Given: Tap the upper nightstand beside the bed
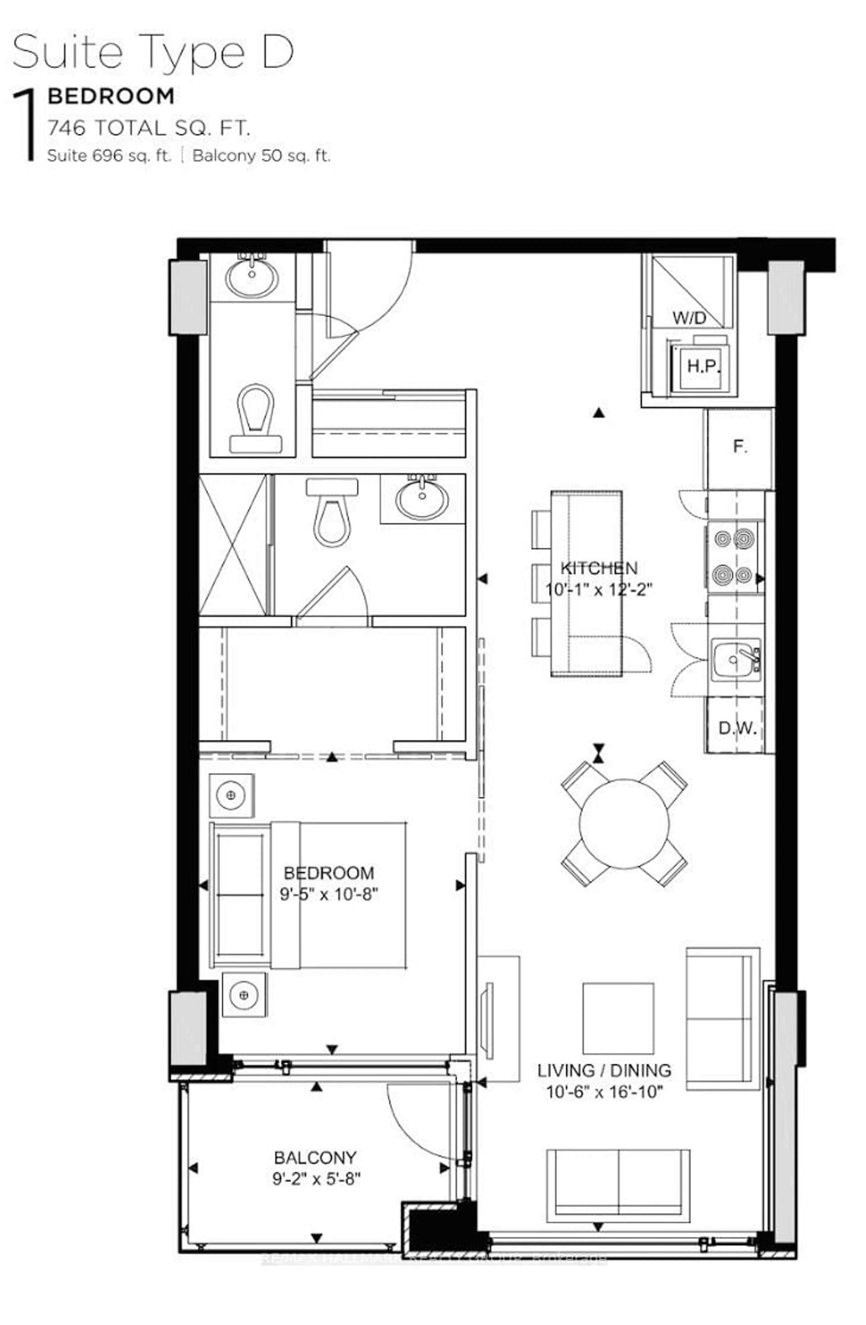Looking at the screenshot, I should point(231,795).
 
